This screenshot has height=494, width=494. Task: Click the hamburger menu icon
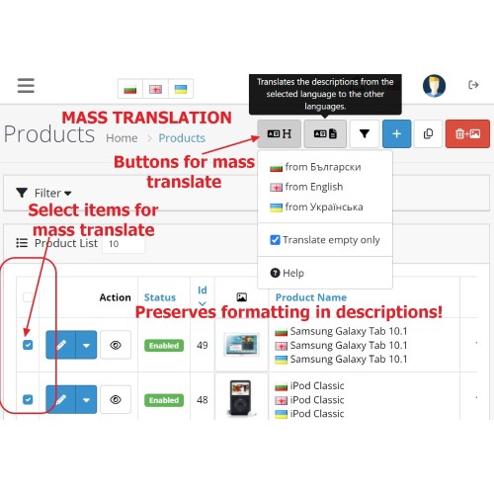(26, 85)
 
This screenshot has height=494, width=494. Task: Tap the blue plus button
(396, 133)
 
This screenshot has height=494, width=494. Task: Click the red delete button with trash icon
(467, 133)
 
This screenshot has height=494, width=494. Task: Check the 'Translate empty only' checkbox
(275, 240)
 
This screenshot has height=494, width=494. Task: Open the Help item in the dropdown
(287, 273)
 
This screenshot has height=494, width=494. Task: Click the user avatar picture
(434, 86)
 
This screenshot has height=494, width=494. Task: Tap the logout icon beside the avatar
(473, 85)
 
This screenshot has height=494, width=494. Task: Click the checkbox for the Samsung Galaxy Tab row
(28, 345)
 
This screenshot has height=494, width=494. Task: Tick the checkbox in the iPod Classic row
(28, 399)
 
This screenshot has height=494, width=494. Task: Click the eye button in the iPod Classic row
(116, 399)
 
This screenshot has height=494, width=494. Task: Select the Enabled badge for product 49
(164, 346)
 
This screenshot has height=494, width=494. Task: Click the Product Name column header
(311, 297)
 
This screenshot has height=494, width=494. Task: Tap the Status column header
(160, 297)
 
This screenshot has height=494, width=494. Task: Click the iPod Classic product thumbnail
(241, 397)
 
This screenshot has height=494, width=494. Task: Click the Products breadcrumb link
(182, 138)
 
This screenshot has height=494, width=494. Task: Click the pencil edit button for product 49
(61, 345)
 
